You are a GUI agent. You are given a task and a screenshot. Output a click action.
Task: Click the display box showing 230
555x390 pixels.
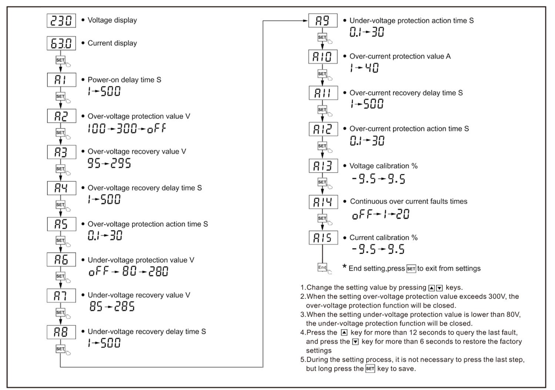click(61, 21)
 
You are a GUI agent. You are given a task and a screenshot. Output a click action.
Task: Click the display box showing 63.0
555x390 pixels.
click(61, 43)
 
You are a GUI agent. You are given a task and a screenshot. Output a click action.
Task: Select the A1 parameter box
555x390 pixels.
click(61, 80)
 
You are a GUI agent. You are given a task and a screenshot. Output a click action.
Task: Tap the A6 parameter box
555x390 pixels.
click(61, 260)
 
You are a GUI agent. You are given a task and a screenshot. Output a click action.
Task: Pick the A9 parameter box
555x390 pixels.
click(323, 21)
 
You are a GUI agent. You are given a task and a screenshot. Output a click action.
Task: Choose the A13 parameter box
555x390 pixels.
click(323, 166)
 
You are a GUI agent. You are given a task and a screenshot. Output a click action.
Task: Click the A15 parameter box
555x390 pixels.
click(323, 238)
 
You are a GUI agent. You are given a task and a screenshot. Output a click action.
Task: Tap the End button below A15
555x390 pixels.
click(322, 267)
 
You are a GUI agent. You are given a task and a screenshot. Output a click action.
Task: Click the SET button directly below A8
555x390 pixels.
click(60, 349)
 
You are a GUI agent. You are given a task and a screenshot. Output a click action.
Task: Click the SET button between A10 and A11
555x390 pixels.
click(322, 74)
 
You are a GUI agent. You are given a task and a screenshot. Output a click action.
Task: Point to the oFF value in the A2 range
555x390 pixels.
click(157, 129)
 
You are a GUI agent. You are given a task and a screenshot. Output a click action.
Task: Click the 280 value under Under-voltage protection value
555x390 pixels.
click(158, 272)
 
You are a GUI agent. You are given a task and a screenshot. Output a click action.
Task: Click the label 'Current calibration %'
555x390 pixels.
click(383, 238)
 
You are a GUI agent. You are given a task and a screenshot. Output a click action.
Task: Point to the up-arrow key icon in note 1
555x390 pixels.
click(431, 288)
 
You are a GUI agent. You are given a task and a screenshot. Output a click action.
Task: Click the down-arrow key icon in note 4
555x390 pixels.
click(355, 341)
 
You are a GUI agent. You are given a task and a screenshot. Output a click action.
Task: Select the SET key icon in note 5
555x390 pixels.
click(370, 369)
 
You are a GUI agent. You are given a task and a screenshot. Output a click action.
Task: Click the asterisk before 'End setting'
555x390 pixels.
click(344, 267)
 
